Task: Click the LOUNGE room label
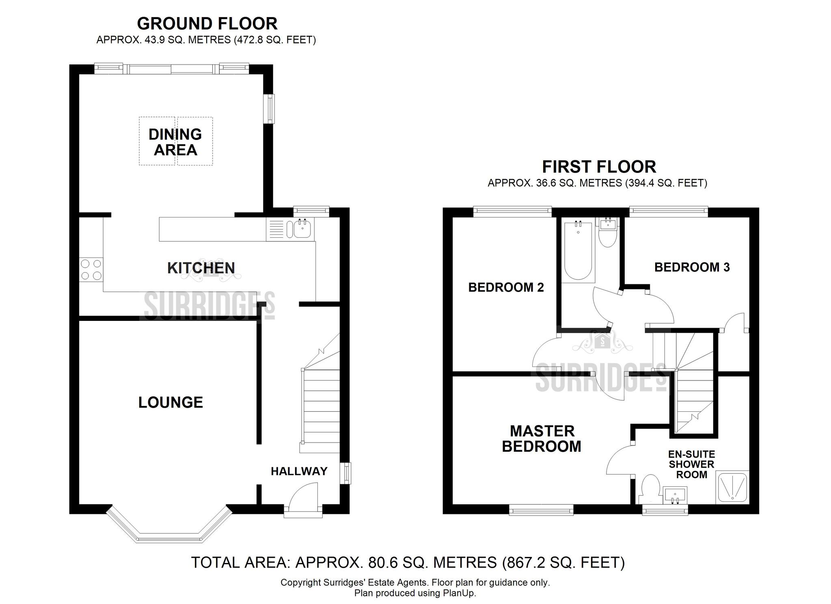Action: point(171,402)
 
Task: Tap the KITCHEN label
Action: point(201,268)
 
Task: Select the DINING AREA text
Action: point(175,142)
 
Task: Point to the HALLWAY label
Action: point(299,471)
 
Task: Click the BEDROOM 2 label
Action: point(506,287)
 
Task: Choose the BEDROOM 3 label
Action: point(692,267)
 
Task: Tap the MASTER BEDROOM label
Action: point(542,438)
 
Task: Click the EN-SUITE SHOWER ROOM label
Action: point(692,464)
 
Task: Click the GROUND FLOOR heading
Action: point(207,24)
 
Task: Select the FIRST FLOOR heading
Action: point(599,167)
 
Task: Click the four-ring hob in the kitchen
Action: point(91,270)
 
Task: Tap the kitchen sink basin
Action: point(302,229)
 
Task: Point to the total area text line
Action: point(408,562)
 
